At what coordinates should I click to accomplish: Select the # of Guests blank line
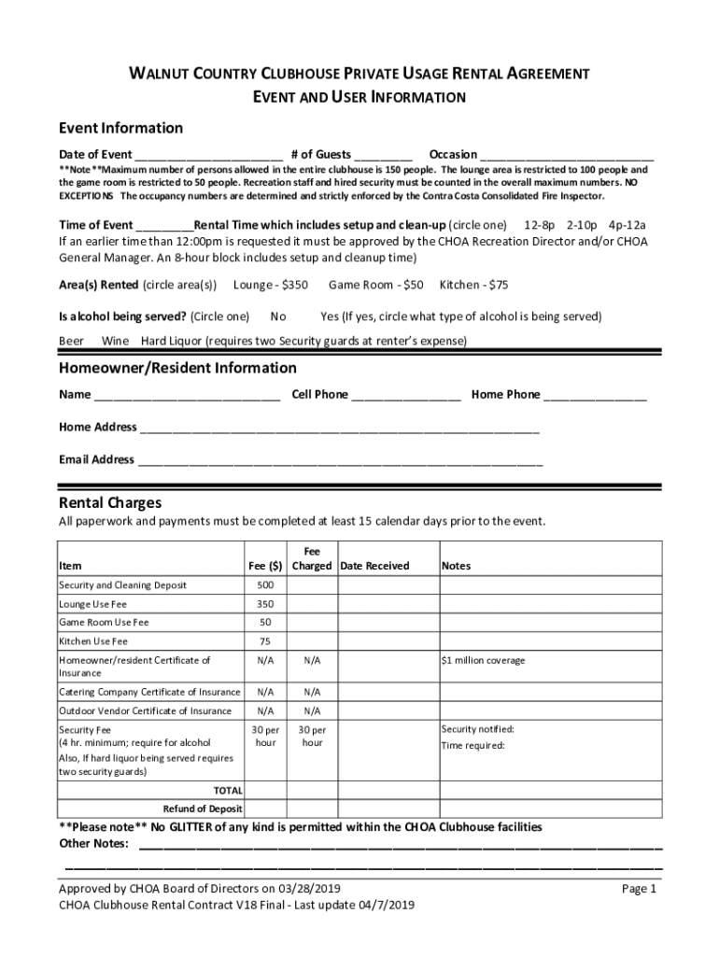click(383, 156)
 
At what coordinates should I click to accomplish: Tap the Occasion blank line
click(567, 156)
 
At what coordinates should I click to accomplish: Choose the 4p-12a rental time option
click(627, 225)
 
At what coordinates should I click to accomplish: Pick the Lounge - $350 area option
click(271, 284)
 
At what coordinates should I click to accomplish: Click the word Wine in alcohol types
click(115, 341)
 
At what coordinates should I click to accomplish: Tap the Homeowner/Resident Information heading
click(177, 368)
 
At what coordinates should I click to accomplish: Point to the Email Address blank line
click(340, 461)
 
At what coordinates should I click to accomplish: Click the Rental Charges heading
click(110, 503)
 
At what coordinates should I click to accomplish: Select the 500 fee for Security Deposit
click(265, 585)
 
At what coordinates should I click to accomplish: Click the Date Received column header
click(374, 566)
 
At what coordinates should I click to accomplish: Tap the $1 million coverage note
click(483, 660)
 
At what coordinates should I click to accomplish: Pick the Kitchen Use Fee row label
click(93, 641)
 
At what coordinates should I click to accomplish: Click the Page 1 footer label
click(640, 890)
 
